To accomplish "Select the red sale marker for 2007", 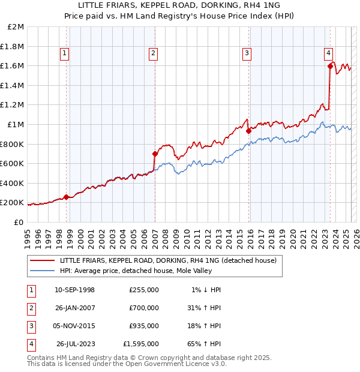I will click(155, 154).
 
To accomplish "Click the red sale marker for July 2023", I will click(330, 67).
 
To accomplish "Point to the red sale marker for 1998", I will click(66, 197).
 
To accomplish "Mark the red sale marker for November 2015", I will click(248, 131).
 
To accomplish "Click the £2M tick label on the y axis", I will click(16, 27).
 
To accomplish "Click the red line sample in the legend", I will click(41, 260).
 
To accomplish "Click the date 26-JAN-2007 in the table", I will click(75, 308).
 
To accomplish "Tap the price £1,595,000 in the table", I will click(141, 344).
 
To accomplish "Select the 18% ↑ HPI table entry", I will click(204, 326).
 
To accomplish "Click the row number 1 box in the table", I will click(30, 290).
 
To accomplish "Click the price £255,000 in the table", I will click(144, 290).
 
